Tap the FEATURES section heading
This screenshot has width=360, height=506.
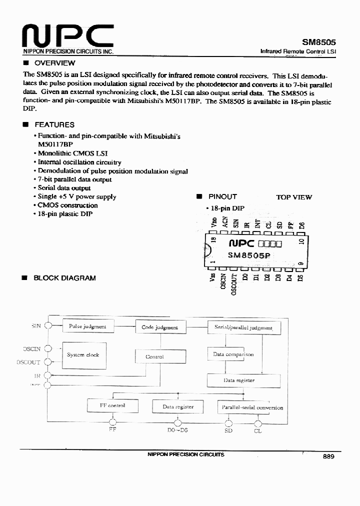click(x=54, y=124)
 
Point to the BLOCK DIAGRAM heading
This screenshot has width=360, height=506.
click(x=64, y=277)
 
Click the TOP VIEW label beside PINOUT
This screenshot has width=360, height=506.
click(x=294, y=197)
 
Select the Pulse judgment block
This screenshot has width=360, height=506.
click(x=87, y=326)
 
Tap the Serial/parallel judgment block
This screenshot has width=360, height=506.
click(x=244, y=328)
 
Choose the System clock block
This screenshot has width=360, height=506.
click(x=83, y=354)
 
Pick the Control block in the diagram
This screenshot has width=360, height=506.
click(x=154, y=356)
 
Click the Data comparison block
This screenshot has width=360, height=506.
click(x=233, y=354)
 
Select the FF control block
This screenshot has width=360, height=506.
click(x=112, y=405)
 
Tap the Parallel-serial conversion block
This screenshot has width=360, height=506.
click(x=252, y=407)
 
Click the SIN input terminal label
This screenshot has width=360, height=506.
click(x=36, y=325)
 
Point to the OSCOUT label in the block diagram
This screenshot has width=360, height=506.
click(x=28, y=362)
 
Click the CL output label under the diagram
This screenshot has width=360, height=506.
click(x=258, y=430)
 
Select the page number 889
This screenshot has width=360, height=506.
click(x=328, y=456)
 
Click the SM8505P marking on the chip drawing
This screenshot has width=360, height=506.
click(x=249, y=255)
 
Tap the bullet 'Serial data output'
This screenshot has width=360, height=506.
click(x=64, y=188)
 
